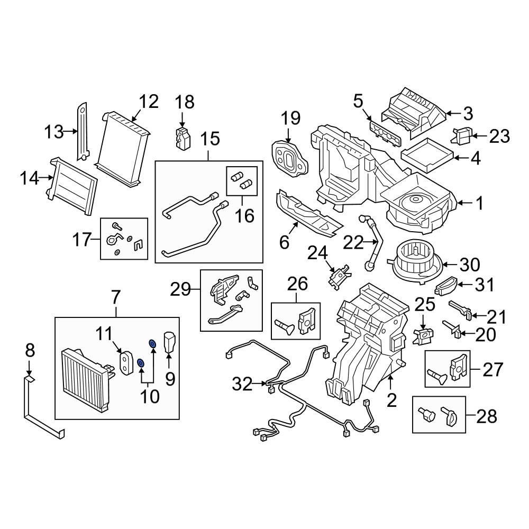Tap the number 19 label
[x=290, y=117]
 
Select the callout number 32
[x=243, y=384]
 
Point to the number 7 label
[x=116, y=298]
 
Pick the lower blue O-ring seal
[x=141, y=363]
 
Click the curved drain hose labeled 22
[x=372, y=239]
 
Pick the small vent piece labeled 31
[x=445, y=286]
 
